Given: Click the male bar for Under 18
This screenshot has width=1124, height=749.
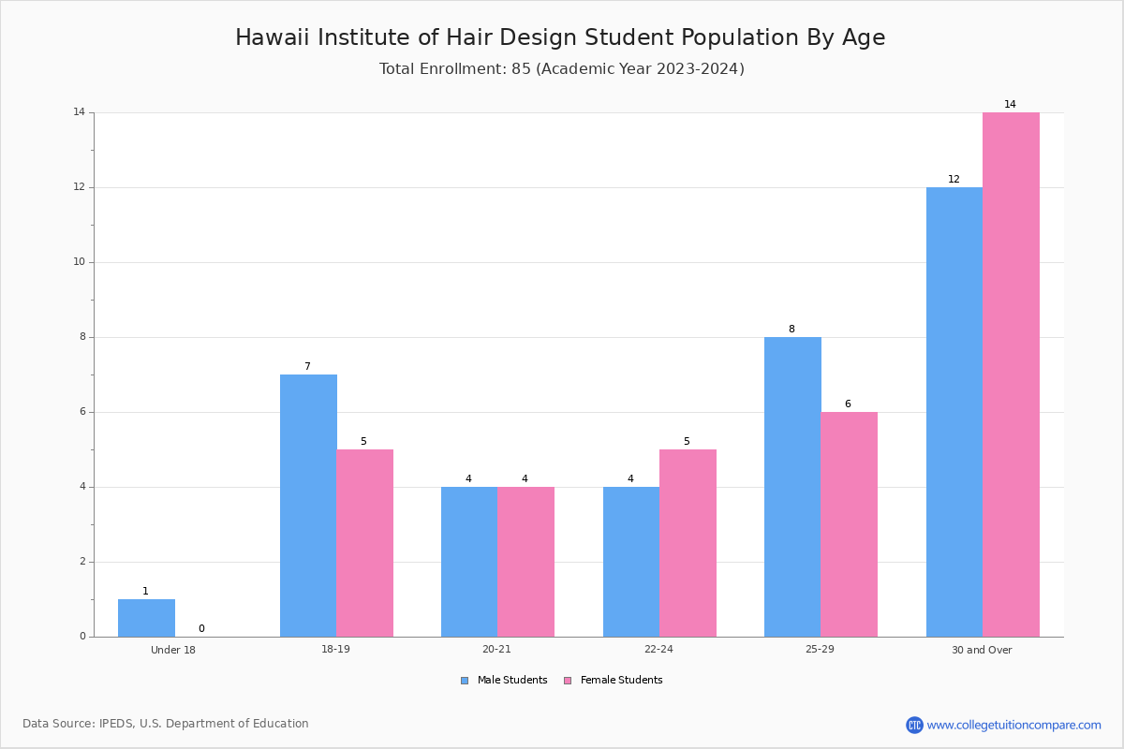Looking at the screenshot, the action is coord(146,618).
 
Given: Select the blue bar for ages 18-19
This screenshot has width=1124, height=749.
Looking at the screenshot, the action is coord(308,506).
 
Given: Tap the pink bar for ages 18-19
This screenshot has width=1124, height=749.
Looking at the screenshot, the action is coord(364,543).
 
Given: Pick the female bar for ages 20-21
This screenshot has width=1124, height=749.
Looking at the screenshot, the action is coord(525,562).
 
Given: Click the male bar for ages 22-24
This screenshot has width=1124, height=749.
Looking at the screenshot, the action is coord(631,562).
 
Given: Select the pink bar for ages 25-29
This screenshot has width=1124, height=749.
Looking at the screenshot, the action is coord(849,524).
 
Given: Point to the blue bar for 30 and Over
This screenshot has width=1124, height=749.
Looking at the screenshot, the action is coord(954,412).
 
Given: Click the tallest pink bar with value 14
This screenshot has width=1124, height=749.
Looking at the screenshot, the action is coord(1011,374).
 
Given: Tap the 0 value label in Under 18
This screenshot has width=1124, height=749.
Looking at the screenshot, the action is coord(201,628).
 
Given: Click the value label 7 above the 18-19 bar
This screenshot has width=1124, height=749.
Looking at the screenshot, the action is coord(307,366).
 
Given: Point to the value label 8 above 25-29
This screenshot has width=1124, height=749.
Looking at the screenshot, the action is coord(791,329).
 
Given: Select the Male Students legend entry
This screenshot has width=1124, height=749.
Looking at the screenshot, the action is coord(504,680).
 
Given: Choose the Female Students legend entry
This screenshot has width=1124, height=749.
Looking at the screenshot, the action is coord(614,680).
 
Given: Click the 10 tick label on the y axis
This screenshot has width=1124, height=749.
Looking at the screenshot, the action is coord(80,262).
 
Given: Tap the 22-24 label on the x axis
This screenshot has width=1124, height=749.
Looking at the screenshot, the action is coord(658,649).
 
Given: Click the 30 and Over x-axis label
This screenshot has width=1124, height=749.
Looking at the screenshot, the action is coord(982,650).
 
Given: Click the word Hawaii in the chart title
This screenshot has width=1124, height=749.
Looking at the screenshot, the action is coord(273,37).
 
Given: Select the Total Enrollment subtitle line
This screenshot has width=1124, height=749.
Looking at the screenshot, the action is coord(561,68).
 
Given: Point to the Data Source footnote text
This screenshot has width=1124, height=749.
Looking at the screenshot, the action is coord(166,724).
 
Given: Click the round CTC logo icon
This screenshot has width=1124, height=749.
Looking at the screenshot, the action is coord(914,725).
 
